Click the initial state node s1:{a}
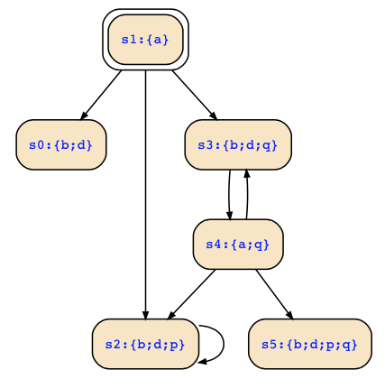145,40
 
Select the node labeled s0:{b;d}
61,144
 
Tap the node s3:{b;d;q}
238,144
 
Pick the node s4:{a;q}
238,245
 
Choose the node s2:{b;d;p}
145,344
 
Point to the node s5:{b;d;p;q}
310,344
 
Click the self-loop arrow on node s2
224,344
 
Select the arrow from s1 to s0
101,95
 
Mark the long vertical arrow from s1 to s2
145,195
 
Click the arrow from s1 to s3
195,95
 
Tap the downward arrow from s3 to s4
229,195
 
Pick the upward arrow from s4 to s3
247,194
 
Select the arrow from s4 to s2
191,294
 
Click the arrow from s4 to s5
274,294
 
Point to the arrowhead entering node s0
84,116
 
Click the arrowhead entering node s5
289,315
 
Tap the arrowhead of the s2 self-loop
203,362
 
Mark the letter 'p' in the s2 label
173,345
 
